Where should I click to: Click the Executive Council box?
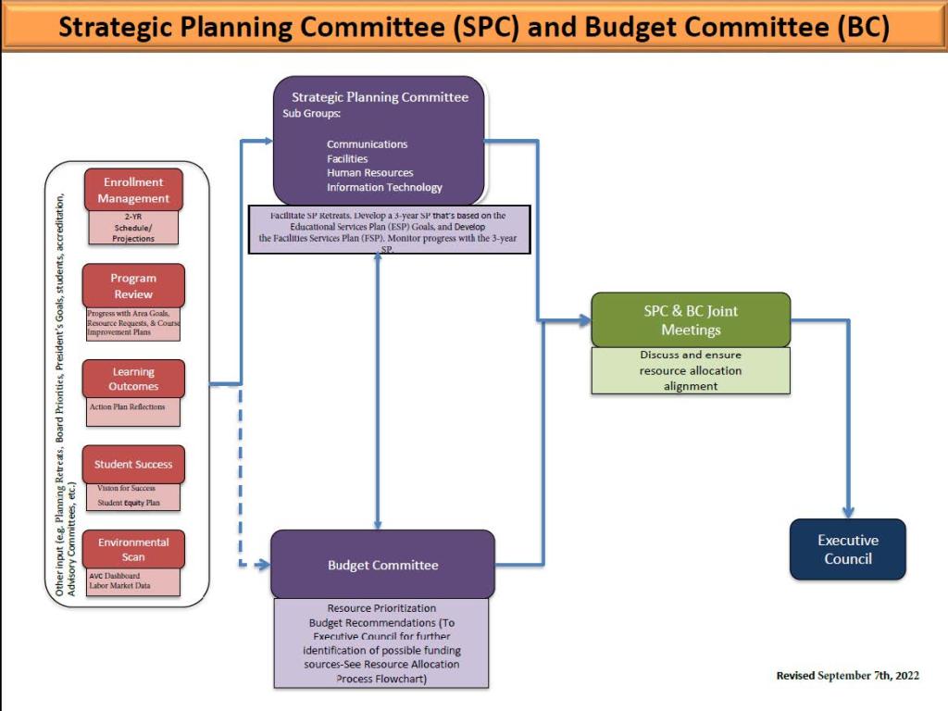pyautogui.click(x=848, y=549)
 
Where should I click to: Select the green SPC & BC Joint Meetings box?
pyautogui.click(x=691, y=319)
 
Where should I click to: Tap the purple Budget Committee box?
pyautogui.click(x=382, y=565)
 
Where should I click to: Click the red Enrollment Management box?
pyautogui.click(x=133, y=190)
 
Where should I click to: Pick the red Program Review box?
pyautogui.click(x=133, y=286)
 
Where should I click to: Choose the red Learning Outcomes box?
pyautogui.click(x=133, y=379)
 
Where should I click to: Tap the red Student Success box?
pyautogui.click(x=133, y=465)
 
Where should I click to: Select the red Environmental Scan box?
pyautogui.click(x=133, y=550)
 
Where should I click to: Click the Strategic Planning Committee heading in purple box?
pyautogui.click(x=380, y=96)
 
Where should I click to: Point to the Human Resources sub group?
pyautogui.click(x=370, y=173)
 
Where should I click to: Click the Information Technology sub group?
pyautogui.click(x=384, y=187)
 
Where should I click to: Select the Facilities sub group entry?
pyautogui.click(x=347, y=159)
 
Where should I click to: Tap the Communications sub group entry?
pyautogui.click(x=367, y=144)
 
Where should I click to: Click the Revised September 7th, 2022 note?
pyautogui.click(x=848, y=675)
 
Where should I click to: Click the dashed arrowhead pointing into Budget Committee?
pyautogui.click(x=264, y=565)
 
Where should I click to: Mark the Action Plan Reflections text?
pyautogui.click(x=127, y=407)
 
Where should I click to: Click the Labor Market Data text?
pyautogui.click(x=119, y=585)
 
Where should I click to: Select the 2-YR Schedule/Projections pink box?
pyautogui.click(x=133, y=228)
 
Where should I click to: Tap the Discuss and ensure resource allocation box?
pyautogui.click(x=691, y=370)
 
